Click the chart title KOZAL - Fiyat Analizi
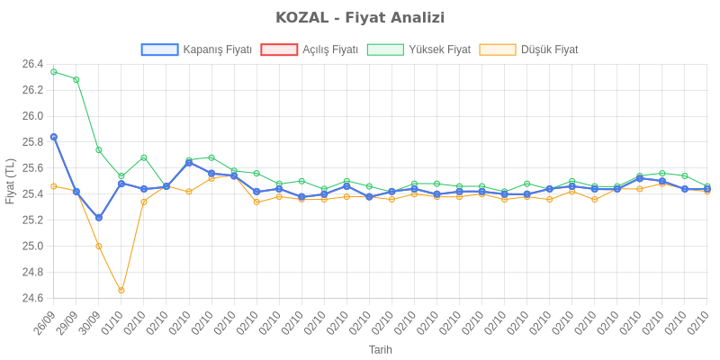[360, 18]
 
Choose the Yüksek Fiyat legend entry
[418, 49]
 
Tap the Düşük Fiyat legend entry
[528, 49]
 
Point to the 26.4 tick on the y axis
[32, 64]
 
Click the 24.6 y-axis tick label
[32, 298]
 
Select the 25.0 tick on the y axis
[32, 246]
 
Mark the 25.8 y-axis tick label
[32, 142]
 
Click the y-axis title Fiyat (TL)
[10, 181]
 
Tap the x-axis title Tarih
[380, 349]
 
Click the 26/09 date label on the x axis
[45, 321]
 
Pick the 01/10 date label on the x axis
[112, 321]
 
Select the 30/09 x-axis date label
[90, 321]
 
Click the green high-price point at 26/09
[54, 72]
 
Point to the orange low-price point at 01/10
[121, 291]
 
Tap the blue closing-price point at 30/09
[99, 218]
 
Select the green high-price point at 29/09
[76, 79]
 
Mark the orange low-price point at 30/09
[99, 246]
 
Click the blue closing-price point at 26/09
[54, 137]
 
